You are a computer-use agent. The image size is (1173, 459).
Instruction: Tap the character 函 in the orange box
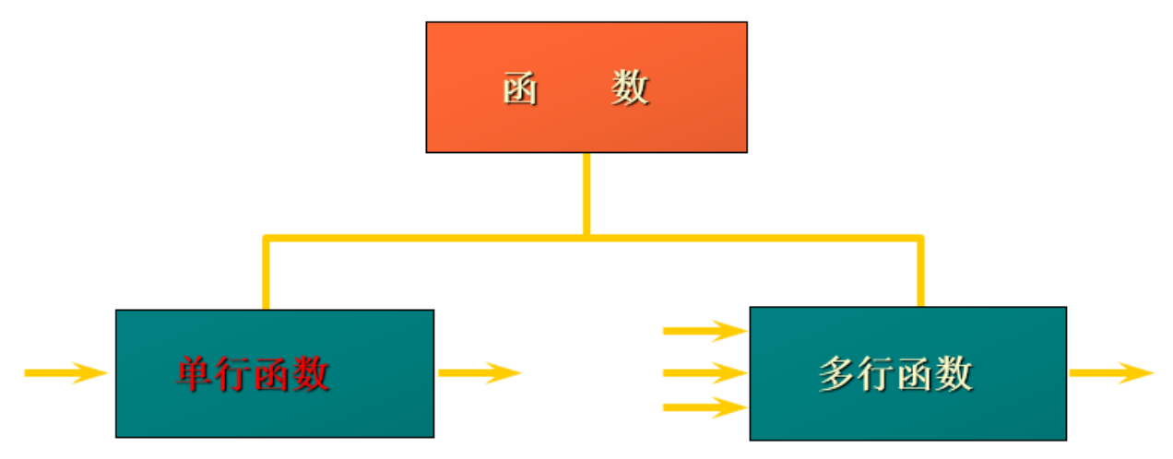coord(521,89)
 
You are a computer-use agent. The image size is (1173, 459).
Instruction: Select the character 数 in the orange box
coord(630,89)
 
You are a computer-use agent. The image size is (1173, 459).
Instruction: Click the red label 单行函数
coord(253,374)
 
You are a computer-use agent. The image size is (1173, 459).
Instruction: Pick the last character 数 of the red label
coord(311,374)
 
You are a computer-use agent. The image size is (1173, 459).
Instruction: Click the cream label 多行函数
coord(895,374)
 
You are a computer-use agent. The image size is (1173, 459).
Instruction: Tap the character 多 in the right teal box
coord(837,374)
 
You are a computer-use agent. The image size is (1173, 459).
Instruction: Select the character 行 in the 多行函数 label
coord(876,374)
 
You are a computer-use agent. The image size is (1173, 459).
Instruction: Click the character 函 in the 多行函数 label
coord(915,374)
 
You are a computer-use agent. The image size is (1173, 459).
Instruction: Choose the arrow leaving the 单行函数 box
coord(480,372)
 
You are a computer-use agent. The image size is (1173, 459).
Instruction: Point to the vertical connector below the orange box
coord(586,194)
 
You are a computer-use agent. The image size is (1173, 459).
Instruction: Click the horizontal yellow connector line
coord(424,238)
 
